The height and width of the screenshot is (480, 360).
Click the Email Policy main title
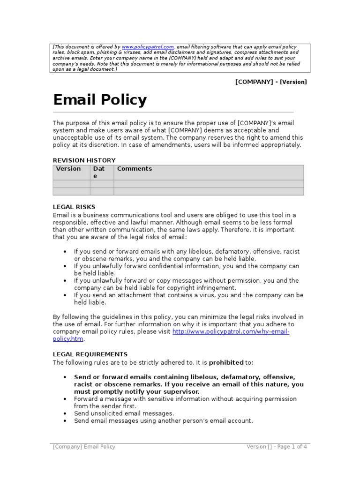click(100, 100)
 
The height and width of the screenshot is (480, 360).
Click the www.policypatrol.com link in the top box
click(148, 47)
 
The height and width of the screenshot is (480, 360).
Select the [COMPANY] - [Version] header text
click(271, 82)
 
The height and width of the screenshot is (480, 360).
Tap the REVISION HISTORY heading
click(84, 160)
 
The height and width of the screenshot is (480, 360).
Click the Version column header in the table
click(68, 169)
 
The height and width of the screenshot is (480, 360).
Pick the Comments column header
click(135, 169)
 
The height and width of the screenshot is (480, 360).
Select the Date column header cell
click(101, 172)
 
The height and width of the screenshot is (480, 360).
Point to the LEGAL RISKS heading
click(74, 207)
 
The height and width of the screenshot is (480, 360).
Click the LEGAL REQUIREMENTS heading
click(90, 354)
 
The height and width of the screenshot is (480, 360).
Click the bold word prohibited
click(226, 362)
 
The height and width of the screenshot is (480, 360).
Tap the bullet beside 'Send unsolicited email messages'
click(65, 414)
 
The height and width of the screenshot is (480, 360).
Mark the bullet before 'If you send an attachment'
click(65, 295)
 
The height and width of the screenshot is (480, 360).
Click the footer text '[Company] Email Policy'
click(84, 447)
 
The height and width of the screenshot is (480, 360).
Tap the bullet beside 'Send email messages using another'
click(65, 421)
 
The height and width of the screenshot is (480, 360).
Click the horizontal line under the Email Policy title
click(173, 112)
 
